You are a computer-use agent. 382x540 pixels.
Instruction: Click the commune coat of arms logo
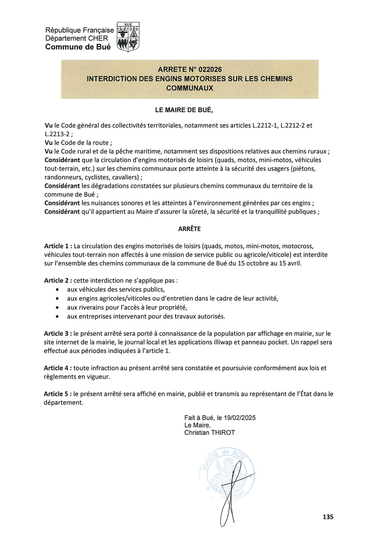pyautogui.click(x=128, y=37)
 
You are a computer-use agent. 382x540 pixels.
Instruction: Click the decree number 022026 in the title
pyautogui.click(x=207, y=69)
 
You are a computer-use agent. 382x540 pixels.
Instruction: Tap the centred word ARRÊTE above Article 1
pyautogui.click(x=189, y=229)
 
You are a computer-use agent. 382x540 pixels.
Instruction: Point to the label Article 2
pyautogui.click(x=58, y=281)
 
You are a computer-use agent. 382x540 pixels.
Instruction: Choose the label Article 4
pyautogui.click(x=58, y=368)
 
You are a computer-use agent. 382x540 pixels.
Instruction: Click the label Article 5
pyautogui.click(x=58, y=394)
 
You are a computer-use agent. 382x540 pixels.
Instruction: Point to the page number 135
pyautogui.click(x=328, y=517)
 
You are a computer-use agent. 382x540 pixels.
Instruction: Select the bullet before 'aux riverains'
pyautogui.click(x=57, y=307)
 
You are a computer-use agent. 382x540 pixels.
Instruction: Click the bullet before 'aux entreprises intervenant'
pyautogui.click(x=57, y=317)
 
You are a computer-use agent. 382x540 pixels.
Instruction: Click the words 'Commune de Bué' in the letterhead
pyautogui.click(x=78, y=47)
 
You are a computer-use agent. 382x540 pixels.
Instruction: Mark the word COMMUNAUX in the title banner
pyautogui.click(x=189, y=88)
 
